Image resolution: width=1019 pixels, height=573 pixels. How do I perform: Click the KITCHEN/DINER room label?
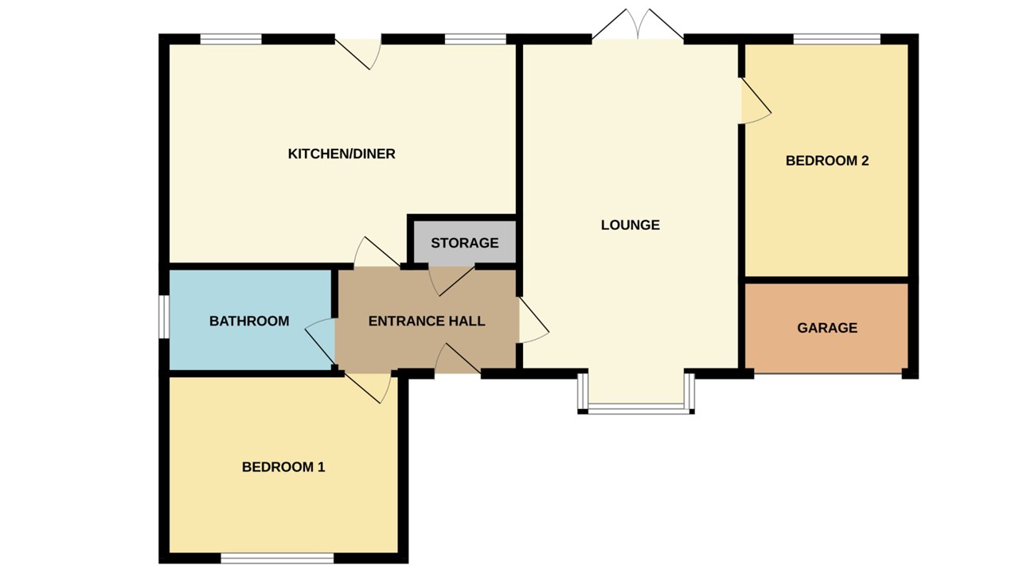coord(342,154)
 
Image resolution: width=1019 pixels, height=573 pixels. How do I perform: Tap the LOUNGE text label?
coord(630,225)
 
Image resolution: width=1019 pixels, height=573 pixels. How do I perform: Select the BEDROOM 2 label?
coord(826,161)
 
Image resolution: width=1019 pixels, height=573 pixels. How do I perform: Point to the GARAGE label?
coord(827,328)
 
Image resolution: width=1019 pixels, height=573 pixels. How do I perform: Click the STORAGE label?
coord(464,243)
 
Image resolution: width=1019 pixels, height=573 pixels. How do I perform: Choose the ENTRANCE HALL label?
coord(427,321)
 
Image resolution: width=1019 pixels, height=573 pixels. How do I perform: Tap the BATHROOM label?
coord(248,321)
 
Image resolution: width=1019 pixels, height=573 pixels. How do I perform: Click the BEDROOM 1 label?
coord(283,467)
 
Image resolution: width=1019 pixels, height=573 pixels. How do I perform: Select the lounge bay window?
coord(637,407)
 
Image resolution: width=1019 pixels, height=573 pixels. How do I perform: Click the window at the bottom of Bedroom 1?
coord(277,558)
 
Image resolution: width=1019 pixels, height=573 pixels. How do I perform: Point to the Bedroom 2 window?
coord(837,39)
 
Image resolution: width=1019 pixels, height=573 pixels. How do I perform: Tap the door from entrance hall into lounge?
coord(532,320)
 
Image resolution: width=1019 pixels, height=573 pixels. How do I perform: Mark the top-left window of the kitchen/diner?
coord(231,39)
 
